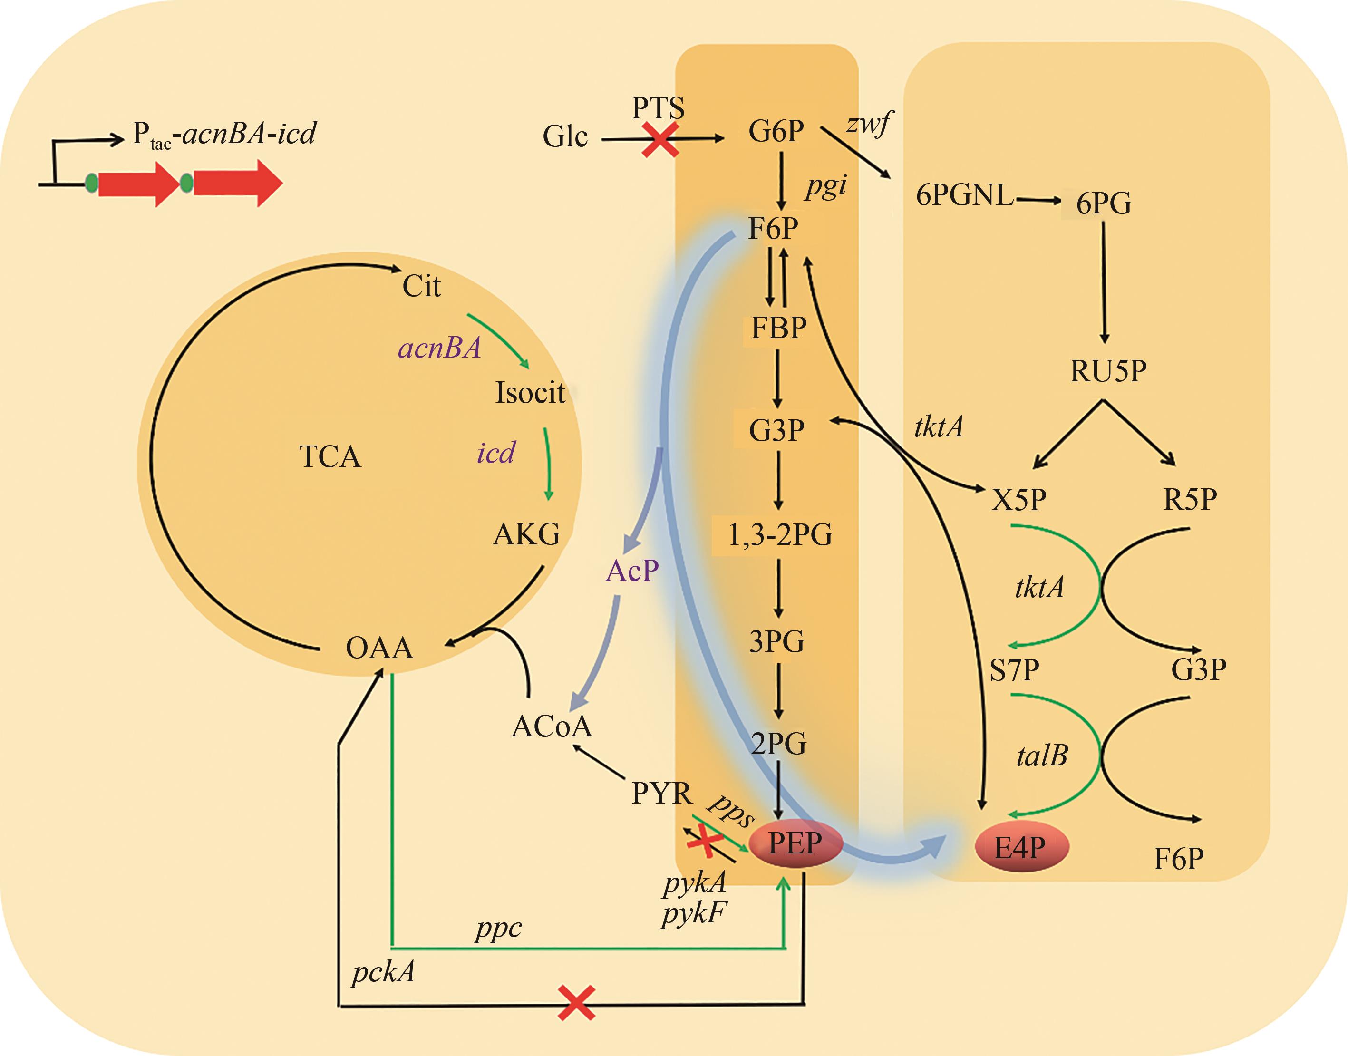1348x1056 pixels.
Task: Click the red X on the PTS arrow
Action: [660, 139]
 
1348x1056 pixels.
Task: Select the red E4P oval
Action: [1021, 847]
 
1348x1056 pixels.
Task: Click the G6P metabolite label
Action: [776, 131]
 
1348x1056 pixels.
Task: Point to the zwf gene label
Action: [869, 124]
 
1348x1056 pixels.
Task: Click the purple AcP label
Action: [632, 571]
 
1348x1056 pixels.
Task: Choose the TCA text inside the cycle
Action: [330, 457]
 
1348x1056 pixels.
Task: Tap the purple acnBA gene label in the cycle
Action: [439, 348]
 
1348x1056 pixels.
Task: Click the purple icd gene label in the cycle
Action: [495, 453]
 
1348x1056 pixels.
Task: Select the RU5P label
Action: [1108, 371]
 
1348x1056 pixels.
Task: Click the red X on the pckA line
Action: [576, 1003]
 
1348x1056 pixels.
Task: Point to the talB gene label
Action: [1042, 756]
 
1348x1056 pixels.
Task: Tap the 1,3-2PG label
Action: [780, 535]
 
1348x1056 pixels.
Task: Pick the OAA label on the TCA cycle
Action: [379, 648]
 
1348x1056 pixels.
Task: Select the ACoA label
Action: [552, 727]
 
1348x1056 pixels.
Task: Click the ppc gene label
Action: [498, 928]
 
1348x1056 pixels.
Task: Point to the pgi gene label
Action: [825, 186]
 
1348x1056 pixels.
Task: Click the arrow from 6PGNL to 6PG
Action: [1038, 200]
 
